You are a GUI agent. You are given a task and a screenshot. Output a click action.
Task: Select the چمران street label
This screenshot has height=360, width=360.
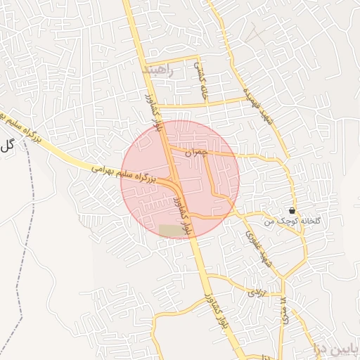pos(198,152)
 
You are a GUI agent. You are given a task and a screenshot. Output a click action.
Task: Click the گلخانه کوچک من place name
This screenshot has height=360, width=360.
pos(292,221)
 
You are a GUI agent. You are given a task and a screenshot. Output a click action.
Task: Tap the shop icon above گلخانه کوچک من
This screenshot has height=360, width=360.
pos(292,211)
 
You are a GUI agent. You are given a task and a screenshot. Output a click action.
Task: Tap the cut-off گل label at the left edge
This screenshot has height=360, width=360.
pos(7,146)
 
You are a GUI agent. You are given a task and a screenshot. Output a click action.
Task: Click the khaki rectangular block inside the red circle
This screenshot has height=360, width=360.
pos(170,231)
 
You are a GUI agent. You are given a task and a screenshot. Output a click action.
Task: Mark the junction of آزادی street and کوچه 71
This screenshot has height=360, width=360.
pos(283,294)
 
